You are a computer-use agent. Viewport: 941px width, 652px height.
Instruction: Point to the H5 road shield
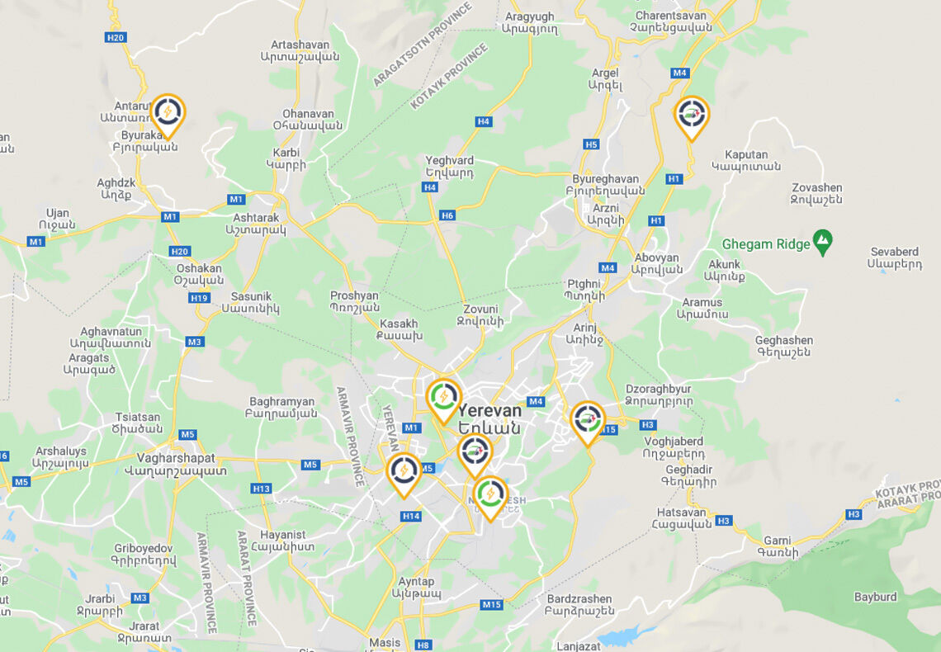[x=591, y=144]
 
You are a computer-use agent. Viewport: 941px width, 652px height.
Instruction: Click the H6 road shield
[x=447, y=215]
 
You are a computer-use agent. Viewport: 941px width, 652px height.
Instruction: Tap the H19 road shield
[x=199, y=298]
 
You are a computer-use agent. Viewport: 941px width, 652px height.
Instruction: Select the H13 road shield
[x=262, y=489]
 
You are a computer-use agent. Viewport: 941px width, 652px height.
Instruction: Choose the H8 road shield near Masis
[x=423, y=645]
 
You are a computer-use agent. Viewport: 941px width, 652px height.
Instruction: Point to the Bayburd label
[x=875, y=597]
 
